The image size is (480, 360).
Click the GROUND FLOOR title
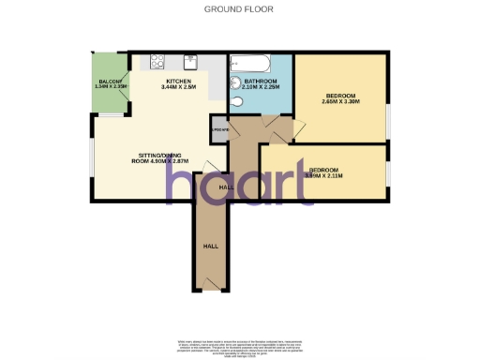[x=239, y=9]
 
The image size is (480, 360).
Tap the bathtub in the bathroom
[x=252, y=65]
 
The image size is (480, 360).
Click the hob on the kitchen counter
[x=157, y=62]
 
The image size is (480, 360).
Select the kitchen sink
[x=192, y=62]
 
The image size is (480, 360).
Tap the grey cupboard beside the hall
[x=219, y=131]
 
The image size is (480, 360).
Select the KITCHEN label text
[x=179, y=82]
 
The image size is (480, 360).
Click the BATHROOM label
[x=260, y=82]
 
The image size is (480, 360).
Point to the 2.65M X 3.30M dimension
[x=340, y=102]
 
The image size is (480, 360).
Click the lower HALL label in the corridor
[x=212, y=246]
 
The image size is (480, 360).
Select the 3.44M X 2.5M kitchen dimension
[x=179, y=88]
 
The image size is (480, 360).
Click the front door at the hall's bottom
[x=212, y=290]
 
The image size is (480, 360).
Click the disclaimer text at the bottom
[x=240, y=344]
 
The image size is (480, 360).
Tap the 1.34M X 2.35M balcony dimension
[x=111, y=88]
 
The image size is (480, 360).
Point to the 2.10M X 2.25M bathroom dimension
[x=260, y=88]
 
